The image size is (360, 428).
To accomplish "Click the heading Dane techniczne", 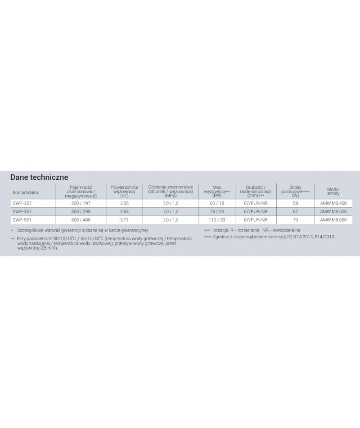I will [39, 177].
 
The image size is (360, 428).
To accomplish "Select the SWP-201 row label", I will [21, 203].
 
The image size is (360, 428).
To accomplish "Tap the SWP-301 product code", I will [21, 211].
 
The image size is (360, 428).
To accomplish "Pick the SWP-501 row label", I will [21, 220].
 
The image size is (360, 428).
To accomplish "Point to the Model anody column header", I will [333, 190].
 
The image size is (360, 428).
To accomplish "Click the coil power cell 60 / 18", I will [216, 203].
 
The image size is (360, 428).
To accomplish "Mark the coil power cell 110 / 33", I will [216, 220].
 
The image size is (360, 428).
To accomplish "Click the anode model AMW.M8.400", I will [333, 203].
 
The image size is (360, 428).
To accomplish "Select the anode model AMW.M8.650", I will [333, 220].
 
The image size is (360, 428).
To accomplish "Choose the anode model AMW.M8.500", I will [333, 211].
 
